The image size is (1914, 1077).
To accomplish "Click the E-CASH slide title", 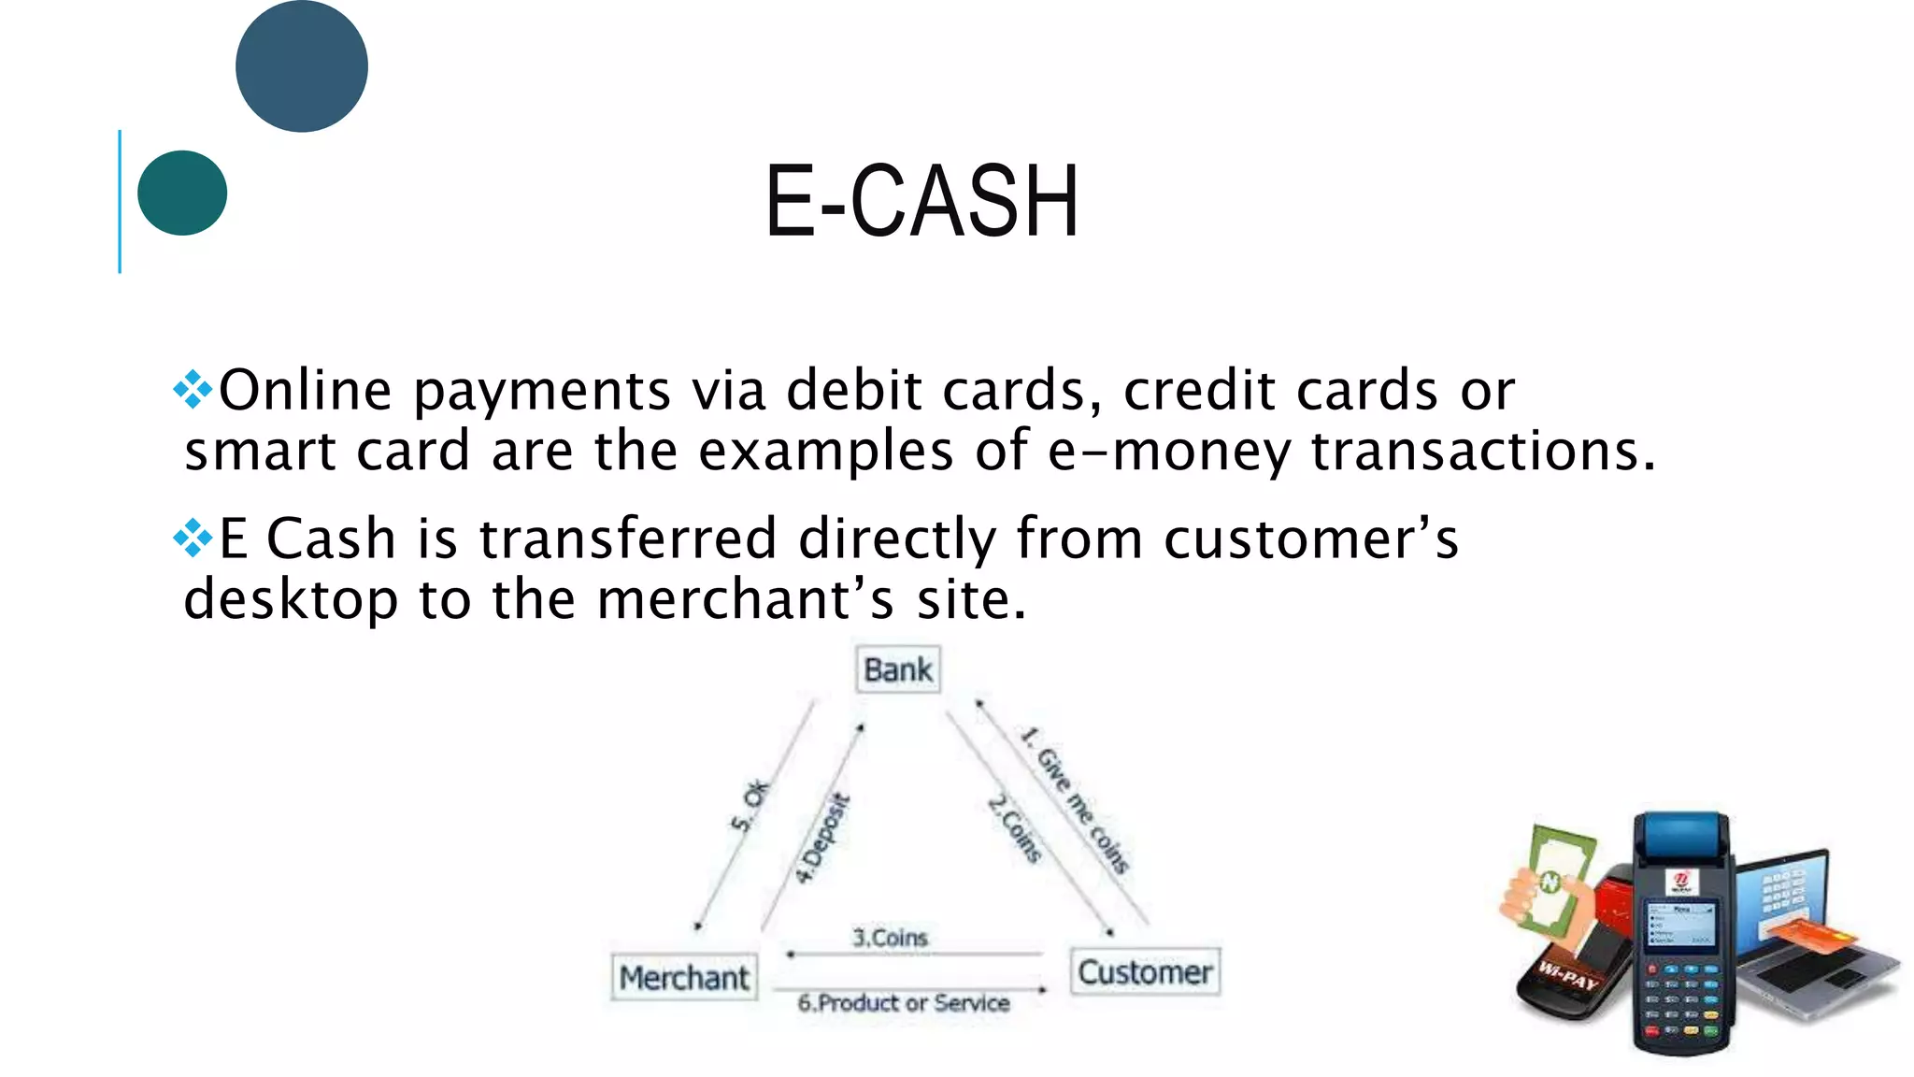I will [921, 202].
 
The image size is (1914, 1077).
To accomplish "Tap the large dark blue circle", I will [301, 66].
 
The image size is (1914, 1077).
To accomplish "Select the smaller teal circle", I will [182, 193].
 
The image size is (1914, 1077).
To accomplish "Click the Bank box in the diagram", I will [897, 669].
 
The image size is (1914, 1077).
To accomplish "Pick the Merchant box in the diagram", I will [684, 978].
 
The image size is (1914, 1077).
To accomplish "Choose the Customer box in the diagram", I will [1145, 972].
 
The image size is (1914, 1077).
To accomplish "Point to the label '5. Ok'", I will [750, 806].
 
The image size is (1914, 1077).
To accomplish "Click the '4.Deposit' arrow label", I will [822, 839].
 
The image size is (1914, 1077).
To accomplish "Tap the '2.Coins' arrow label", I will [1016, 828].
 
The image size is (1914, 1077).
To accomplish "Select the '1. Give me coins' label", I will [1075, 800].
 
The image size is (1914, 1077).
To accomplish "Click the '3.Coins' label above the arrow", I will [890, 938].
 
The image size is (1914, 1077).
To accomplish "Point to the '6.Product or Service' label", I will [904, 1003].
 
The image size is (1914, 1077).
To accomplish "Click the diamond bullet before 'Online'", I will [193, 390].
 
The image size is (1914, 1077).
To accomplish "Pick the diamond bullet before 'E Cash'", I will [193, 538].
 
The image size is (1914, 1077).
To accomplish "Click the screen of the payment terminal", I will [1680, 924].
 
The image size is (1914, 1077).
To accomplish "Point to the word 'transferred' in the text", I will [627, 539].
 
